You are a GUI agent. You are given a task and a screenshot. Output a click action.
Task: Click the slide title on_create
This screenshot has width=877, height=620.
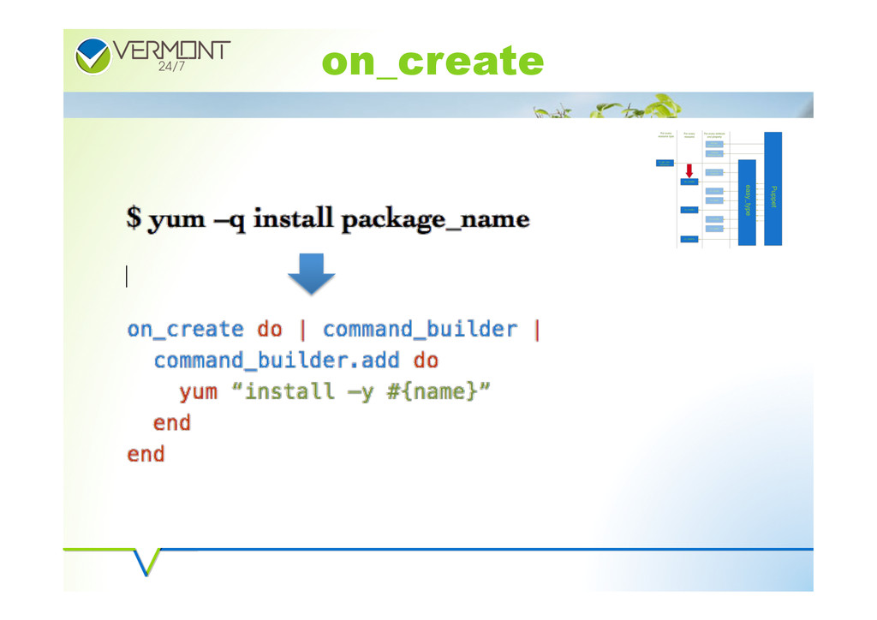(x=433, y=62)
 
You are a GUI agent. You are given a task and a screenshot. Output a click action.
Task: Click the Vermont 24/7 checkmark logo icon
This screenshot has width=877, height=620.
(x=92, y=56)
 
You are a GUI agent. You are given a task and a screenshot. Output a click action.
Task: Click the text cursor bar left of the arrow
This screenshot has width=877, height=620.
(x=127, y=277)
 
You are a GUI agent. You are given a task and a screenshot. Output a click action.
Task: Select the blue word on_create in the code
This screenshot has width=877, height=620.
(x=185, y=330)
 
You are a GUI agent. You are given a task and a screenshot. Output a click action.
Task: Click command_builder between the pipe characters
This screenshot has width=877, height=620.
(x=420, y=330)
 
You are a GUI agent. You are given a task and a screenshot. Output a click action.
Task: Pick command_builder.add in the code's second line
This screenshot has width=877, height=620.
(x=277, y=361)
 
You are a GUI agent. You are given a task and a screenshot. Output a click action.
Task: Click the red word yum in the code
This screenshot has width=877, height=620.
(x=198, y=392)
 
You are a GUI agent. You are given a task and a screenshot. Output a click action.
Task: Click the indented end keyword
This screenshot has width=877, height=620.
(x=171, y=423)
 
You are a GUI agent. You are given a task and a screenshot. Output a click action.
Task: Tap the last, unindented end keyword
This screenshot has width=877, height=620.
(x=146, y=454)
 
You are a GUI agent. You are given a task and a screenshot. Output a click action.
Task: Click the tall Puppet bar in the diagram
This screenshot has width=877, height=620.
(x=773, y=189)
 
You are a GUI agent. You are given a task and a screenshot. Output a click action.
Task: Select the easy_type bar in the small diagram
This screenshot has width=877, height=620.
(x=747, y=203)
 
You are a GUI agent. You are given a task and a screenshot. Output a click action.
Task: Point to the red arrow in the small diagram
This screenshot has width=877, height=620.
(x=689, y=171)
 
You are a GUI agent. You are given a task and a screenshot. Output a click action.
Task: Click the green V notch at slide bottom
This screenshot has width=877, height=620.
(x=146, y=562)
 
